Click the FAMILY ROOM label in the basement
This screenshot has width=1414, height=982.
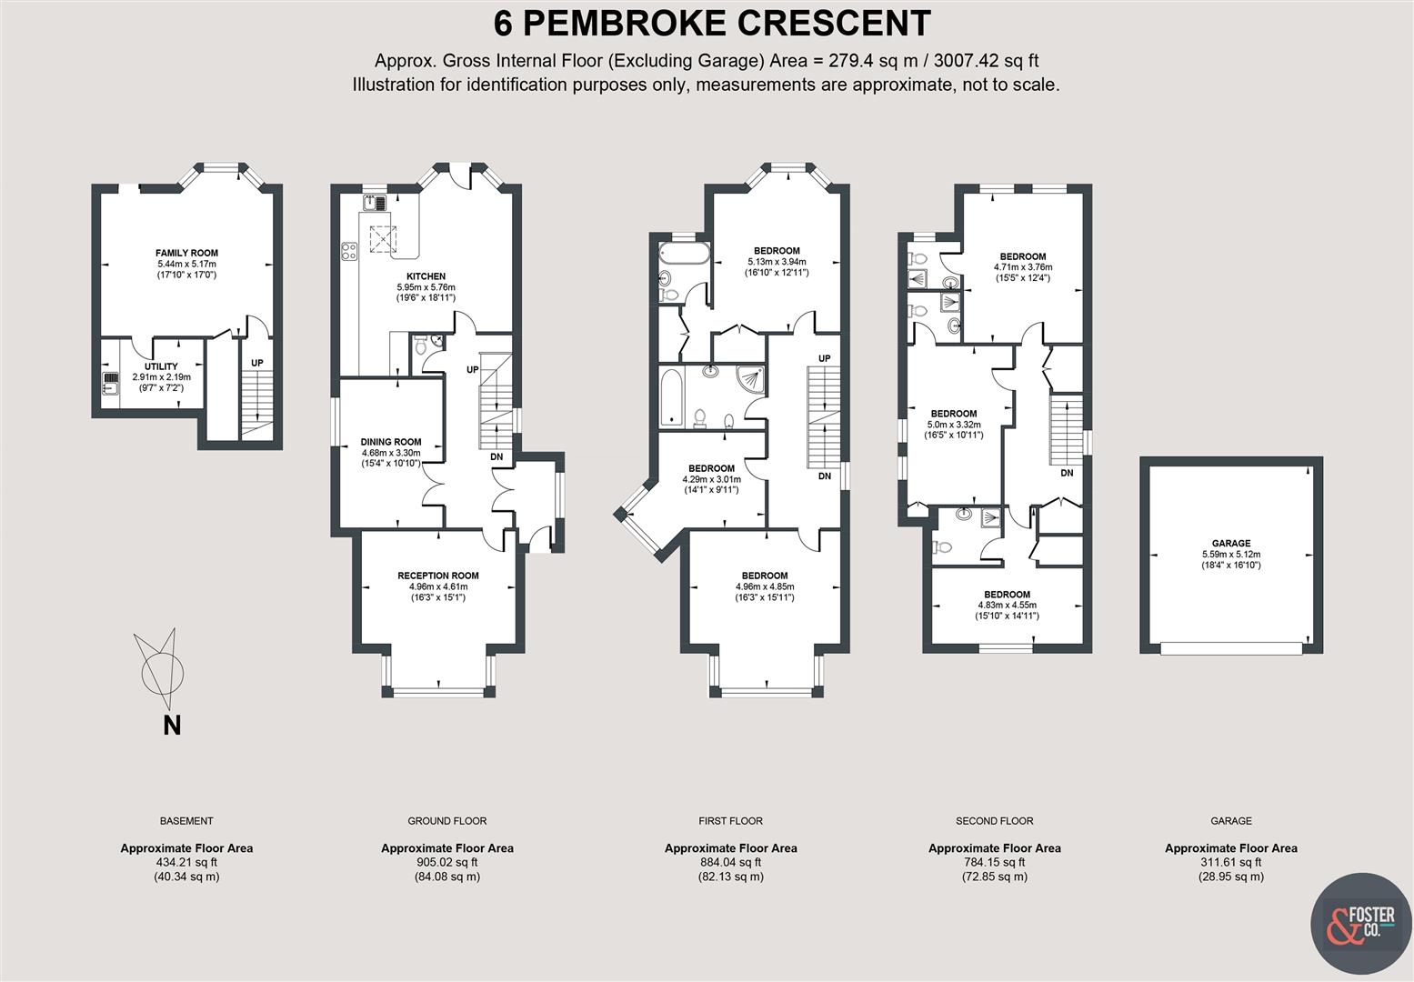click(x=186, y=253)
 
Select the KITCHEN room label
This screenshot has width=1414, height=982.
click(x=426, y=276)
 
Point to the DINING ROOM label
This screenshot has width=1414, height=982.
click(x=390, y=442)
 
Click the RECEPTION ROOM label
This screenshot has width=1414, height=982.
click(x=437, y=576)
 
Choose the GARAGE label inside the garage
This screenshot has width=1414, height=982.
click(x=1230, y=544)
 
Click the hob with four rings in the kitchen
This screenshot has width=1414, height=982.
click(x=348, y=251)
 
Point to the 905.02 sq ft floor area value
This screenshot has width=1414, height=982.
click(x=446, y=863)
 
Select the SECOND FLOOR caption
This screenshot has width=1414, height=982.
click(x=994, y=821)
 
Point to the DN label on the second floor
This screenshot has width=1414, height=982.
click(x=1067, y=473)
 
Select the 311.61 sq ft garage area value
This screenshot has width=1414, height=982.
click(x=1230, y=863)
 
